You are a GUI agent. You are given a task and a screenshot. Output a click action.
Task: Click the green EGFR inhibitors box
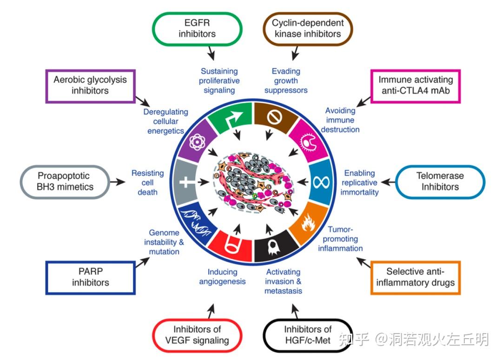tap(197, 28)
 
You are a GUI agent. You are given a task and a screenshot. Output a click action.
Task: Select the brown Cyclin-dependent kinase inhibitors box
tap(308, 28)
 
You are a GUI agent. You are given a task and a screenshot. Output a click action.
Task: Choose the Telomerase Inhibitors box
tap(440, 182)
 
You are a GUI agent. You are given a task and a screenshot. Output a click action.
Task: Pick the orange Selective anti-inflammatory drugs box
tap(416, 277)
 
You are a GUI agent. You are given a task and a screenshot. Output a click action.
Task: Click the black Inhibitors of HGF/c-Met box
tap(308, 335)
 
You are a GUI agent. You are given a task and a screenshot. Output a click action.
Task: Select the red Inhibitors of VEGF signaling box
tap(197, 335)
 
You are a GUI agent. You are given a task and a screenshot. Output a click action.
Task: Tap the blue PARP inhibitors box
tap(91, 277)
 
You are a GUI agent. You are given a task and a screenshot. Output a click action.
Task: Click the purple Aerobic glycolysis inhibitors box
tap(90, 86)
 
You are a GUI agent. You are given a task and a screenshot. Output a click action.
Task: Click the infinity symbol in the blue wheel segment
tap(320, 181)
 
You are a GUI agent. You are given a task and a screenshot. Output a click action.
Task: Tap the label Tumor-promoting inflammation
tap(340, 238)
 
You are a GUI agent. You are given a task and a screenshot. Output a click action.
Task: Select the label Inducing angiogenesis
tap(222, 277)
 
